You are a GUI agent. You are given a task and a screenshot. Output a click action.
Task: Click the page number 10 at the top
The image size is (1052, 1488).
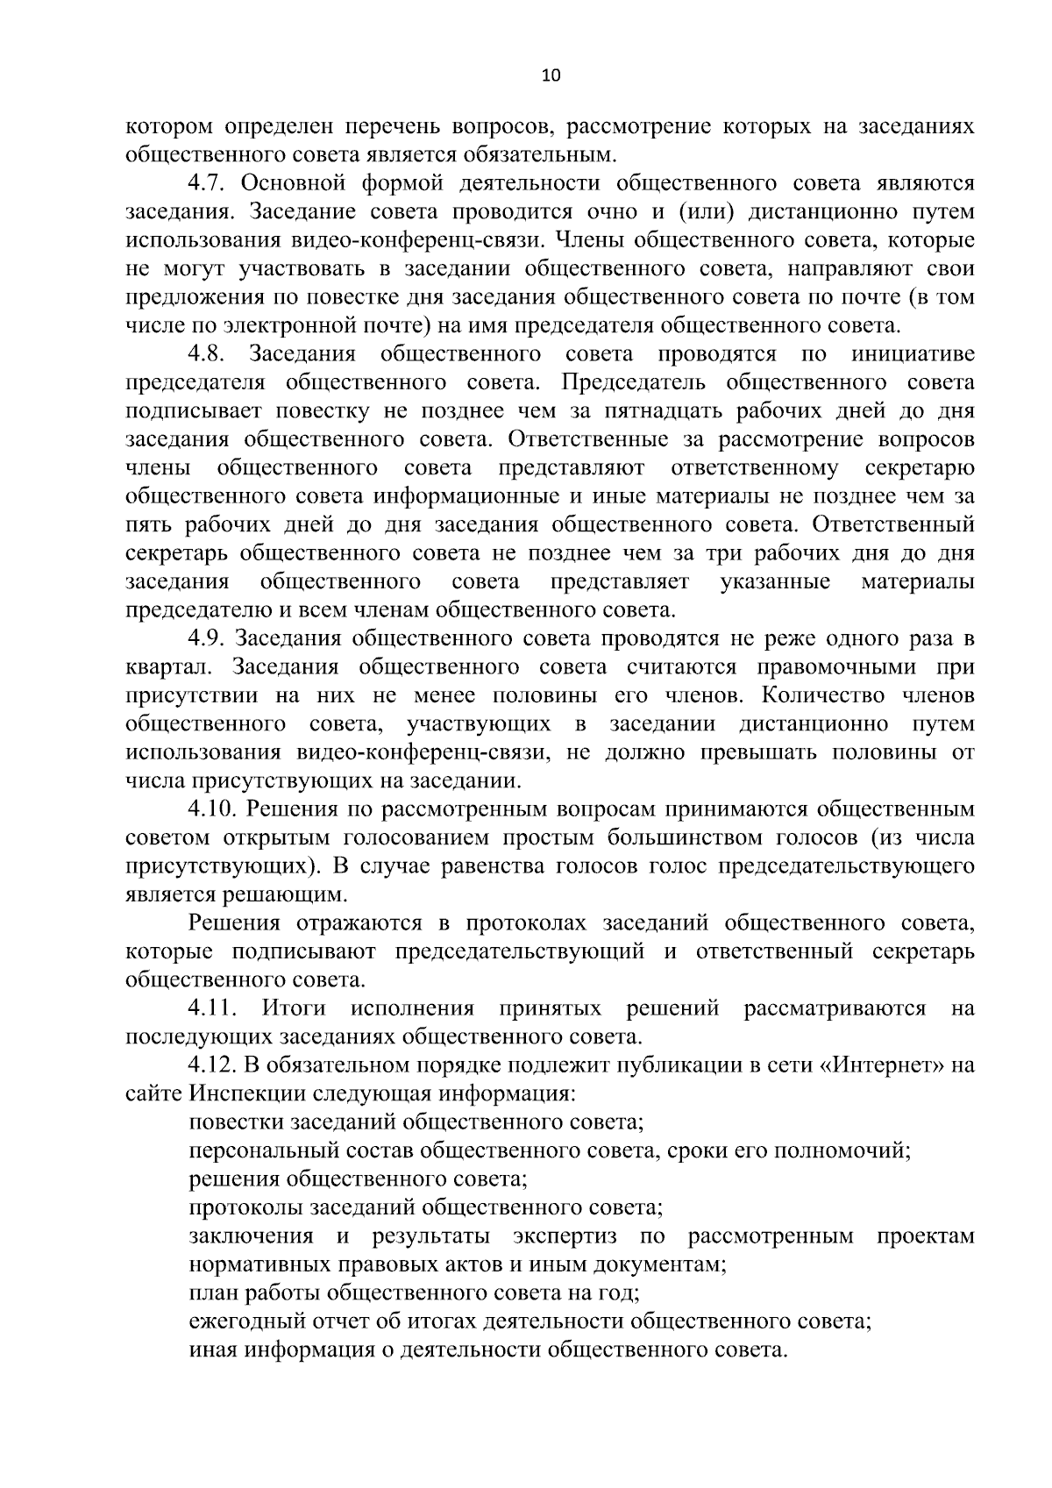click(551, 76)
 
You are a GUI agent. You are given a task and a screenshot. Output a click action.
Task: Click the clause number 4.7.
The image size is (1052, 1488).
click(208, 183)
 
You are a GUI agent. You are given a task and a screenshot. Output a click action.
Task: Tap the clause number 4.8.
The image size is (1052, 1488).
click(208, 354)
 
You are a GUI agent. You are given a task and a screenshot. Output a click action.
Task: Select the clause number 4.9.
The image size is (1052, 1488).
click(208, 639)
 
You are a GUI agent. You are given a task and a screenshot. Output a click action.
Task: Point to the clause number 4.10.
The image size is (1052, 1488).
click(213, 810)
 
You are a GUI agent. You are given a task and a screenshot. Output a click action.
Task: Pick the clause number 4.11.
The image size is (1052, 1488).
click(213, 1009)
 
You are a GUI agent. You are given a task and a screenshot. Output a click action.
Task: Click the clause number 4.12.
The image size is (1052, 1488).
click(213, 1066)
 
